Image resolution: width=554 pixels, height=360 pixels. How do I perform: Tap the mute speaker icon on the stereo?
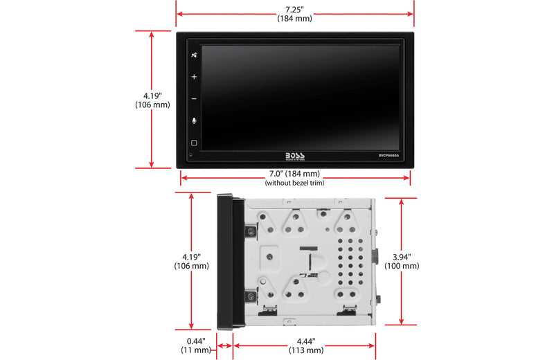click(194, 56)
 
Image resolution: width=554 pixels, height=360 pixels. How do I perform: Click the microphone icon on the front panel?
click(194, 120)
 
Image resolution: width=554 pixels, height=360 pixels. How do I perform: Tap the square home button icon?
click(194, 143)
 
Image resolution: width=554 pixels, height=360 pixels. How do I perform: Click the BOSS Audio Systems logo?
click(294, 156)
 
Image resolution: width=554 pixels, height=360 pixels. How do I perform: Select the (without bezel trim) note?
click(294, 183)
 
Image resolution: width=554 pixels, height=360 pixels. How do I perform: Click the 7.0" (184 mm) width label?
click(294, 173)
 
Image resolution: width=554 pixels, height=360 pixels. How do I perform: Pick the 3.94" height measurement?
click(402, 256)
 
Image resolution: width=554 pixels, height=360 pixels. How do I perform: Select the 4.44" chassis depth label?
click(305, 341)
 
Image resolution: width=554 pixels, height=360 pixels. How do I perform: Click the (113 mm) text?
click(305, 350)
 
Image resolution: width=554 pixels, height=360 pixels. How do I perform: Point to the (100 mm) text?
click(402, 266)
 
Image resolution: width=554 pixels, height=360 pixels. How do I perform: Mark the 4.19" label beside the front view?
click(152, 96)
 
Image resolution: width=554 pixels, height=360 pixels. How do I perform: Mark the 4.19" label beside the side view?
click(190, 256)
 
